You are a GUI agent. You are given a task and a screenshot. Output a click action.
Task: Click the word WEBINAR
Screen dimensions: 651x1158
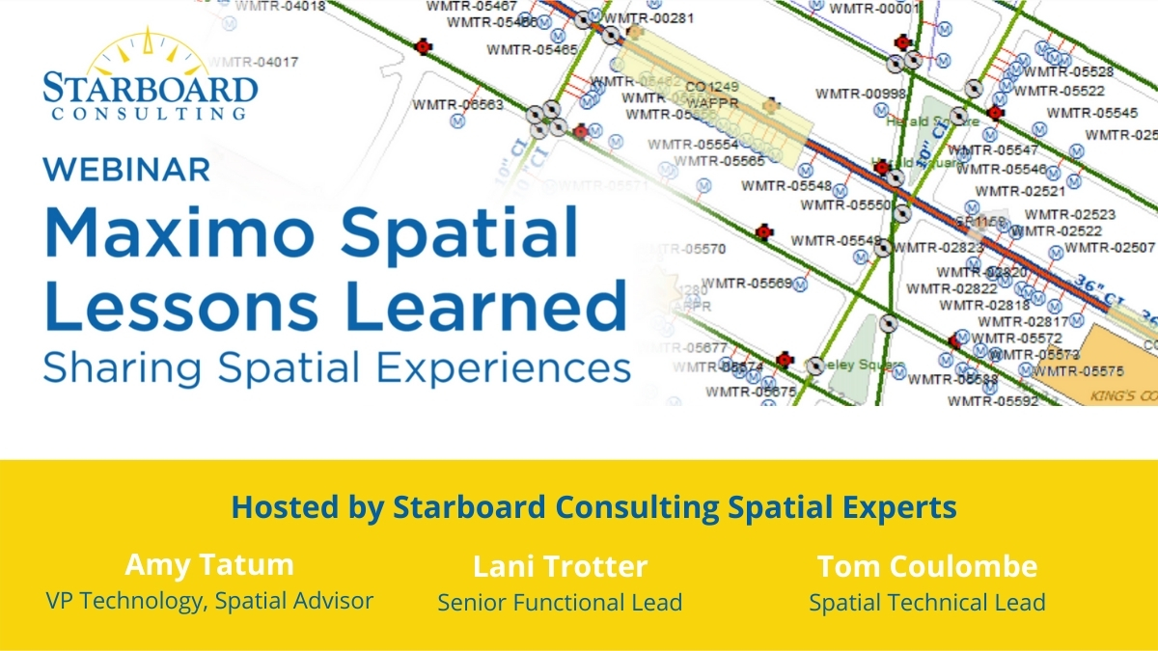[x=126, y=169]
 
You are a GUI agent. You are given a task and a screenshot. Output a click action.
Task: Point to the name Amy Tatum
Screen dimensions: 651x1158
[x=209, y=564]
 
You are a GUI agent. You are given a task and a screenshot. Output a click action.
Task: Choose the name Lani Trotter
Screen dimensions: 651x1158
[x=560, y=566]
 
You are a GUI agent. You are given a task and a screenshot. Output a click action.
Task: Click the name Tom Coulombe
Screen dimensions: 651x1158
[x=926, y=566]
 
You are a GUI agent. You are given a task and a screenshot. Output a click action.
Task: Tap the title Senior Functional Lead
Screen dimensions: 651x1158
[x=560, y=603]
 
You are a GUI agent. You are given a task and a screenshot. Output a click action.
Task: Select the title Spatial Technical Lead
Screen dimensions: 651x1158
[x=926, y=603]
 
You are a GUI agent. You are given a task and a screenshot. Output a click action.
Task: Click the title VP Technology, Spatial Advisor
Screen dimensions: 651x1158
[x=209, y=600]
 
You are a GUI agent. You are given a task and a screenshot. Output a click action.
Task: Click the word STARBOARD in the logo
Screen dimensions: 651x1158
[x=151, y=89]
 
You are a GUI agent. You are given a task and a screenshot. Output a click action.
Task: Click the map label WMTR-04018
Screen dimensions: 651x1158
[x=280, y=6]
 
